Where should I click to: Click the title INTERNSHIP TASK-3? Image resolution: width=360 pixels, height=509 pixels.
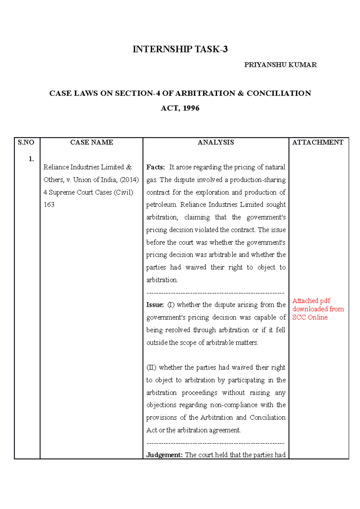pos(180,49)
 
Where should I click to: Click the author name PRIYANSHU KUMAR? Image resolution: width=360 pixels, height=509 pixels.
pos(280,65)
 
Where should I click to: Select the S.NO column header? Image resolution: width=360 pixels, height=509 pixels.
pos(26,142)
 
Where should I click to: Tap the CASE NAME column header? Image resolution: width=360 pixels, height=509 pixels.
pos(91,142)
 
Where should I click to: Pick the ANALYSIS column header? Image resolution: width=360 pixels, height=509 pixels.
pos(216,142)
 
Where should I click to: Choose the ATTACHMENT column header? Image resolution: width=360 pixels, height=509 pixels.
pos(318,142)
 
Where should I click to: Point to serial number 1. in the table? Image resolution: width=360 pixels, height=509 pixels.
pos(31,159)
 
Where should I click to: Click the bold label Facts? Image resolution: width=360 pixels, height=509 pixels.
pos(155,167)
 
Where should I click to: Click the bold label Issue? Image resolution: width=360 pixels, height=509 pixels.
pos(155,305)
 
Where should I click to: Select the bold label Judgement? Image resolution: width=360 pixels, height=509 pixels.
pos(164,455)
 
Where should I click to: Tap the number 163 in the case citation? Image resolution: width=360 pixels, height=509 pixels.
pos(49,205)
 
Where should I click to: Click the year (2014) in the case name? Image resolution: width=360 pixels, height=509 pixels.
pos(129,180)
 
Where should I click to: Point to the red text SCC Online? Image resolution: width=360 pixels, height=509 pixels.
pos(310,317)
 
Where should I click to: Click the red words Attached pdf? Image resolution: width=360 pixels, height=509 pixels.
pos(311,301)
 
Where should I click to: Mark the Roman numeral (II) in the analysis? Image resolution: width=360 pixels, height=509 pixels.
pos(151,368)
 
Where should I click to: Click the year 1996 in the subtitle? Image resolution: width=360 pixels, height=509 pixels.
pos(191,108)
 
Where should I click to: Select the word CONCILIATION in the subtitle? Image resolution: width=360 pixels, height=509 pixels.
pos(279,93)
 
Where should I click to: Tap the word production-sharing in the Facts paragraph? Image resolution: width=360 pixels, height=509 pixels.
pos(258,180)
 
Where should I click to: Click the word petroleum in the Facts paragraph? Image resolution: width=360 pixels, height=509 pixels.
pos(161,205)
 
